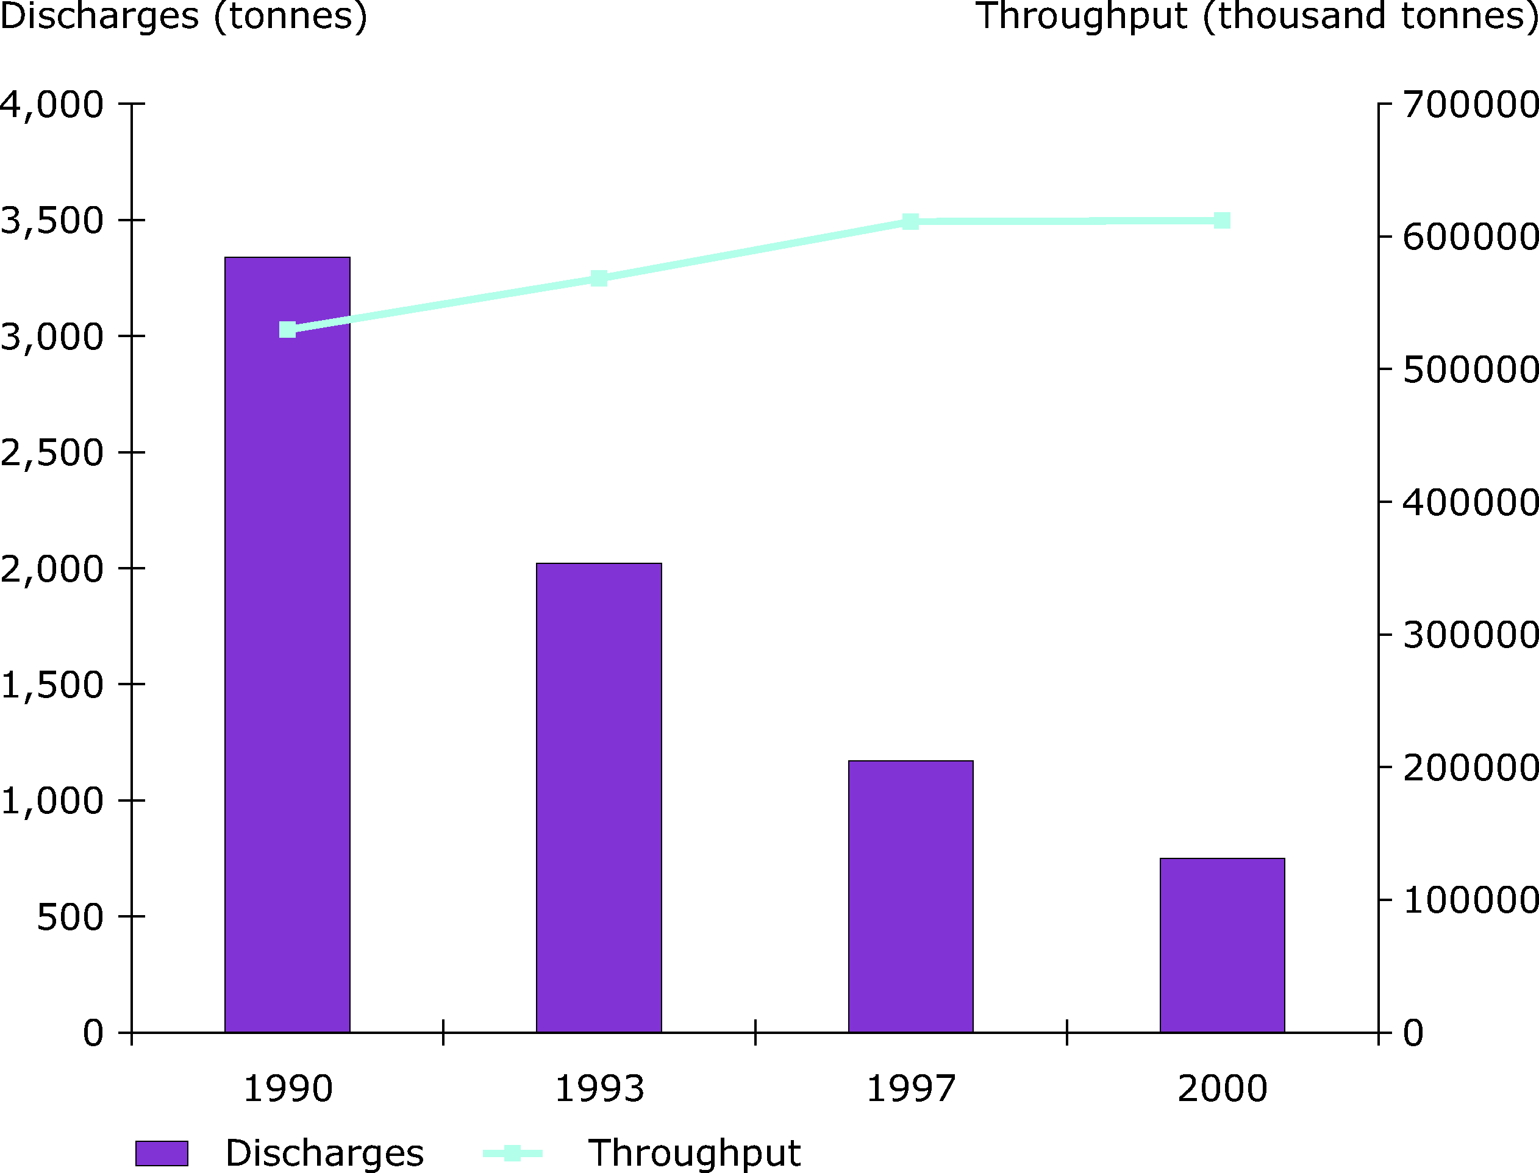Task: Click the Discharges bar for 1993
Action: (x=598, y=797)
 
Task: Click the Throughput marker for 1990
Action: (x=287, y=330)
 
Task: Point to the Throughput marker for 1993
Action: (x=598, y=279)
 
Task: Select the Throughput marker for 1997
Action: (x=910, y=222)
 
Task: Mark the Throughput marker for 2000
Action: (x=1222, y=221)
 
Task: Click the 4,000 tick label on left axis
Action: (x=52, y=105)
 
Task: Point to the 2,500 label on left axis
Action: (x=52, y=453)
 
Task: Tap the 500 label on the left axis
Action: (x=70, y=918)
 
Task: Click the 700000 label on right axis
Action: (x=1470, y=105)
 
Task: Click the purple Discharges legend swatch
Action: (x=162, y=1153)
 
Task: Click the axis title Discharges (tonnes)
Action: (x=183, y=16)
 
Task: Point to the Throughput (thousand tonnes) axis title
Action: (x=1256, y=16)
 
